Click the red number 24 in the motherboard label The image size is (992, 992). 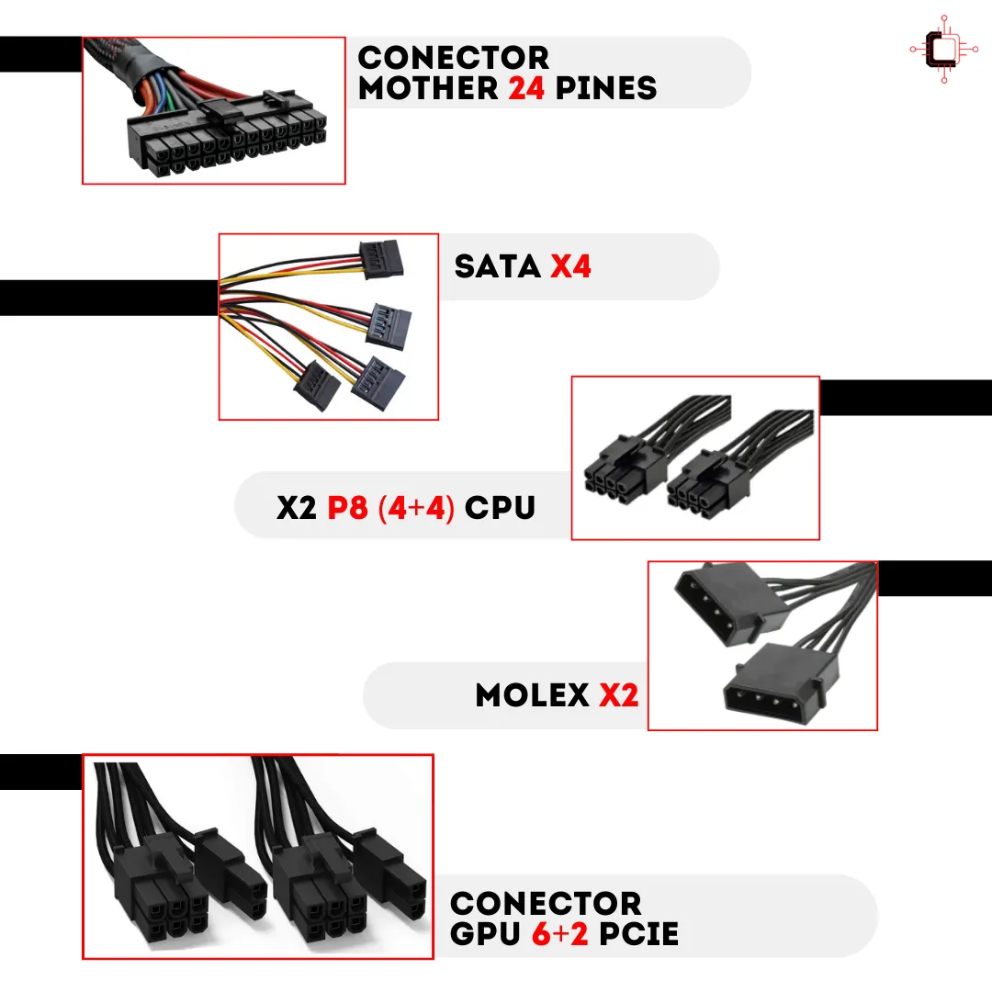coord(529,88)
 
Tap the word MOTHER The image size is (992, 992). coord(429,88)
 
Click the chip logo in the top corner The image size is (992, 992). coord(942,49)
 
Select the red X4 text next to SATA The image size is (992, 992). coord(570,266)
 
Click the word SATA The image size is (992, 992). coord(497,266)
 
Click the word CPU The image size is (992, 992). coord(500,506)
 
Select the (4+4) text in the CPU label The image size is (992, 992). coord(417,506)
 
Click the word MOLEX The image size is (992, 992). coord(533,695)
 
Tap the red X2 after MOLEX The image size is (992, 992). coord(619,695)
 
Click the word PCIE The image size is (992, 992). coord(638,934)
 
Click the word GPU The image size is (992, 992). coord(485,934)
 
